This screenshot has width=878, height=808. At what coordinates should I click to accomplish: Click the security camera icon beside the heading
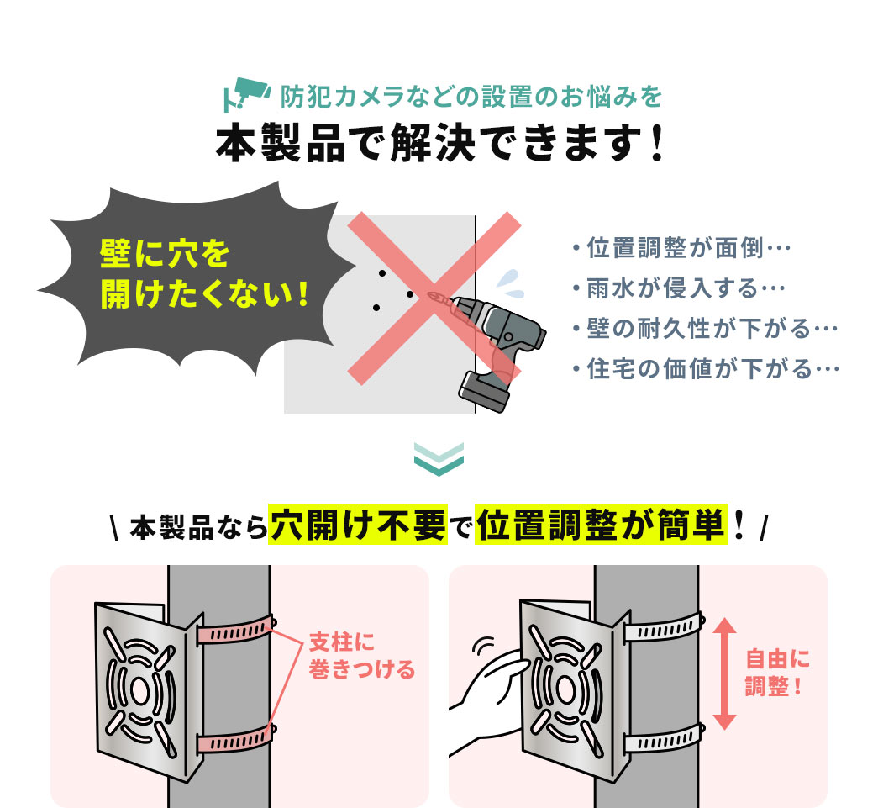pos(246,93)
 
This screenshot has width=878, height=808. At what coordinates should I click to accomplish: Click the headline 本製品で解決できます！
pos(440,144)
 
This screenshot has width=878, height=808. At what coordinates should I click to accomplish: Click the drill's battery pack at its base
pos(485,391)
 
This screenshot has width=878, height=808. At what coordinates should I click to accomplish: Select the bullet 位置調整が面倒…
pos(681,248)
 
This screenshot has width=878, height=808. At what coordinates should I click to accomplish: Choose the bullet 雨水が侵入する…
pos(679,288)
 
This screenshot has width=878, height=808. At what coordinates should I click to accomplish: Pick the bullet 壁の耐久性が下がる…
pos(705,329)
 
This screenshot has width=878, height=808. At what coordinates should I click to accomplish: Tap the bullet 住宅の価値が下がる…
pos(706,369)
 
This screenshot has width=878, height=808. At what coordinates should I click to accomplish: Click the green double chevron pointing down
pos(439,459)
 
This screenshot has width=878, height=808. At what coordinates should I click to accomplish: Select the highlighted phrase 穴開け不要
pos(358,525)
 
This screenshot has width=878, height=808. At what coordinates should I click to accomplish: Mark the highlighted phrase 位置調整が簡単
pos(601,525)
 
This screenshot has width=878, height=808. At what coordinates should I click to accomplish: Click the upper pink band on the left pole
pos(235,630)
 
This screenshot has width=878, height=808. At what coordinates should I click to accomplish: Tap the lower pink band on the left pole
pos(235,739)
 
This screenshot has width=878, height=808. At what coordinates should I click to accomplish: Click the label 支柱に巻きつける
pos(362,656)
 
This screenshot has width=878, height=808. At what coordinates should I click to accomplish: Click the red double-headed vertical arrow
pos(724,673)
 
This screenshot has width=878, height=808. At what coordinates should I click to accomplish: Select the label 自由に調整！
pos(777,673)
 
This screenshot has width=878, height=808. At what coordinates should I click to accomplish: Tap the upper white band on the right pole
pos(664,628)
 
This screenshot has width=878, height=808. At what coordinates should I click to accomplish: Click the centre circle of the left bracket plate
pos(139,691)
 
